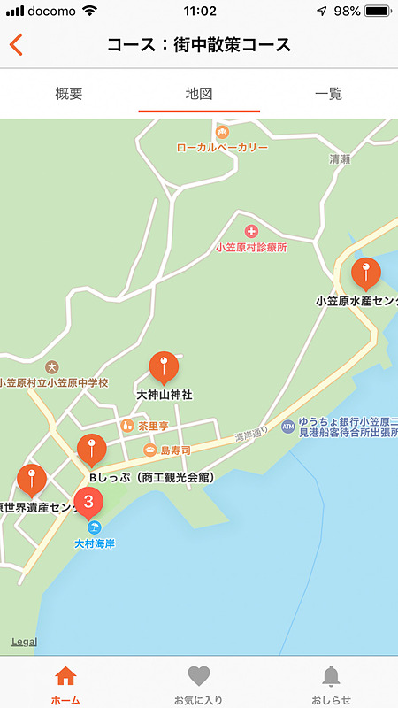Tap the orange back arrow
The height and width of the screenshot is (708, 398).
point(16,45)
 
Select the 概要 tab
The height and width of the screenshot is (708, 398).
point(69,93)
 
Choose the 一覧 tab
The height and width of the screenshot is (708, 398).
point(328,93)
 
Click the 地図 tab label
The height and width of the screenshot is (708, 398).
point(199,93)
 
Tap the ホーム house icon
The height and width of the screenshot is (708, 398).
point(65,677)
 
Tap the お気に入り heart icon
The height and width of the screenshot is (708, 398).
point(199,677)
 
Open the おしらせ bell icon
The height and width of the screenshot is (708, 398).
point(331,677)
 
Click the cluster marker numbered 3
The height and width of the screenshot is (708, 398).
point(88,502)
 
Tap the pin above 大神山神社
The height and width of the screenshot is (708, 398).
point(164,366)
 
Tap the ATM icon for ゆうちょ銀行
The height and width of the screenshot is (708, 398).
point(287,427)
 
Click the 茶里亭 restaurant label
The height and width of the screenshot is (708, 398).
point(152,426)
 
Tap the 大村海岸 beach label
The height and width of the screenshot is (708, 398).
point(95,543)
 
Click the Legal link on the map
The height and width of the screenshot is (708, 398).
point(24,642)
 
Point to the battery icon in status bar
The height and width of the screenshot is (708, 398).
point(377,12)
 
